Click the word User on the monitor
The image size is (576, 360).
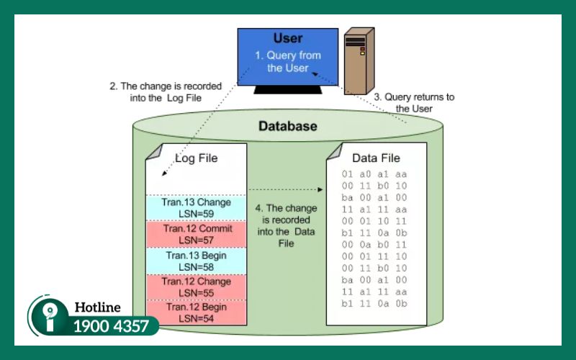click(288, 38)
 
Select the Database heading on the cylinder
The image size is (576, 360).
click(287, 127)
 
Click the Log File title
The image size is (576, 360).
click(197, 158)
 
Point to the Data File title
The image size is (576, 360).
click(376, 158)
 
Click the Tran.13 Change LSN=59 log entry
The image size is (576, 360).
click(197, 207)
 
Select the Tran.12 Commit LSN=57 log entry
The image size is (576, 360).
click(197, 234)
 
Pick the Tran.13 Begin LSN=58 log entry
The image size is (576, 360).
click(197, 261)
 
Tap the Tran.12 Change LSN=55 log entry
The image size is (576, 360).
click(197, 287)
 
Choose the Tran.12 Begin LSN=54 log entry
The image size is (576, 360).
click(197, 312)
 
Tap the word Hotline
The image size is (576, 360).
click(97, 308)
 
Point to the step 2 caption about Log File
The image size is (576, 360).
click(165, 92)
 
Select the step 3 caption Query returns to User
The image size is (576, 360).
click(413, 102)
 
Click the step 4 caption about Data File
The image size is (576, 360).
click(287, 225)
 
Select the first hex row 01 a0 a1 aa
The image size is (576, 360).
click(375, 175)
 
